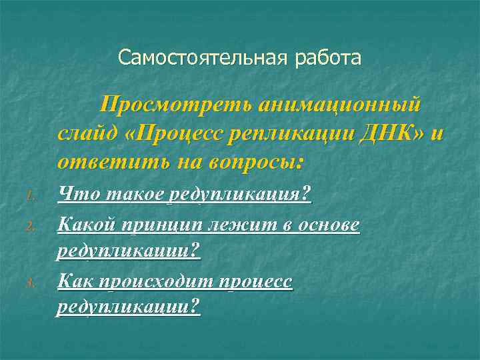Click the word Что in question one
73,194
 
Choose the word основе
329,225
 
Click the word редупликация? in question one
239,194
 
